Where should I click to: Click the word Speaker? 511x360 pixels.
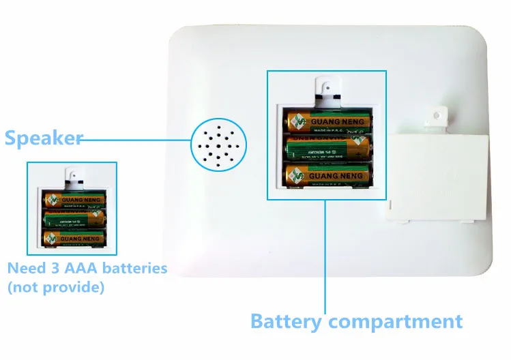(x=43, y=139)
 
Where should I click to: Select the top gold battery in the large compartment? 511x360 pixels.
(x=329, y=122)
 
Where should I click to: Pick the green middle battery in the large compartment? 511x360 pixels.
(x=329, y=148)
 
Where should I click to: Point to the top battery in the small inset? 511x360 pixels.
(x=75, y=200)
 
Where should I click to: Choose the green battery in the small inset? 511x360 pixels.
(x=75, y=218)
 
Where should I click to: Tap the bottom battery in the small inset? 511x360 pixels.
(x=75, y=237)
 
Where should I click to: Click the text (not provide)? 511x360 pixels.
(x=56, y=288)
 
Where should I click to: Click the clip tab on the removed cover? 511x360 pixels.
(x=434, y=117)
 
